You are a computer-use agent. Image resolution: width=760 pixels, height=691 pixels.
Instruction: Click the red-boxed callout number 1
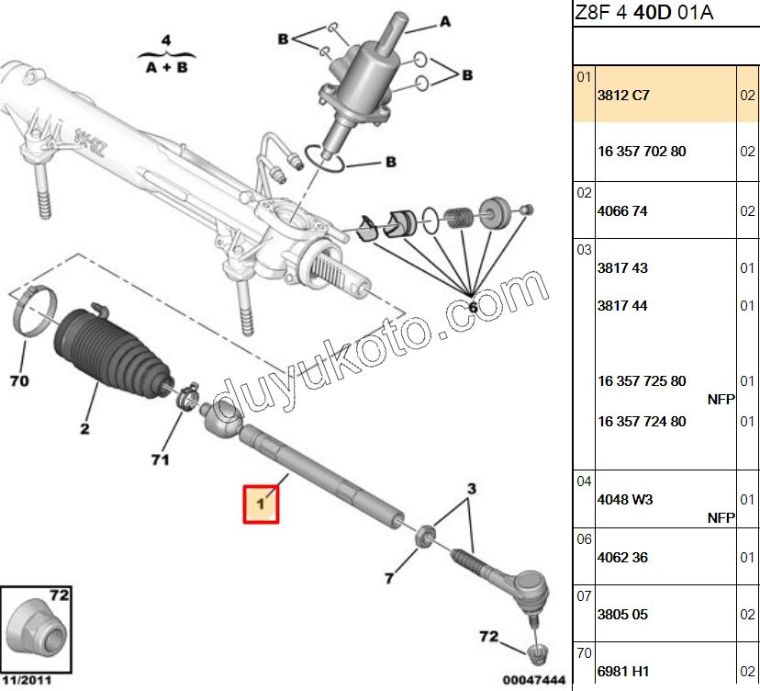pyautogui.click(x=261, y=504)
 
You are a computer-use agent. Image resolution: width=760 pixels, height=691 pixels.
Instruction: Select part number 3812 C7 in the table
pyautogui.click(x=623, y=95)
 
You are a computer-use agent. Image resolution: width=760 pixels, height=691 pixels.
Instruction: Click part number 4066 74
pyautogui.click(x=622, y=210)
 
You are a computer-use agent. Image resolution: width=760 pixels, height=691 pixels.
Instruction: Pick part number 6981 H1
pyautogui.click(x=622, y=673)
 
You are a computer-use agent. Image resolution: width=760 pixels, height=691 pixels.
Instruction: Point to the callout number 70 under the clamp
pyautogui.click(x=21, y=379)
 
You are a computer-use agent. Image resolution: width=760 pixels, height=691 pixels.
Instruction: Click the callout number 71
pyautogui.click(x=160, y=459)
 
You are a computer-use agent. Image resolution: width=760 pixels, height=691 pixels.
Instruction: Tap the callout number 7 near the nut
pyautogui.click(x=389, y=578)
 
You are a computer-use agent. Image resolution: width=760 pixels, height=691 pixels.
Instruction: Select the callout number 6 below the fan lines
pyautogui.click(x=474, y=307)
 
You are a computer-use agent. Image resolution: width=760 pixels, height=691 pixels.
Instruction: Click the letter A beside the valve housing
pyautogui.click(x=445, y=20)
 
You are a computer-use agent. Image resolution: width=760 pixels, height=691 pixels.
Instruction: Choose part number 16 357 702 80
pyautogui.click(x=642, y=151)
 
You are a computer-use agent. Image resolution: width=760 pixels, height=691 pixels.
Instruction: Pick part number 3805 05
pyautogui.click(x=622, y=614)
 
